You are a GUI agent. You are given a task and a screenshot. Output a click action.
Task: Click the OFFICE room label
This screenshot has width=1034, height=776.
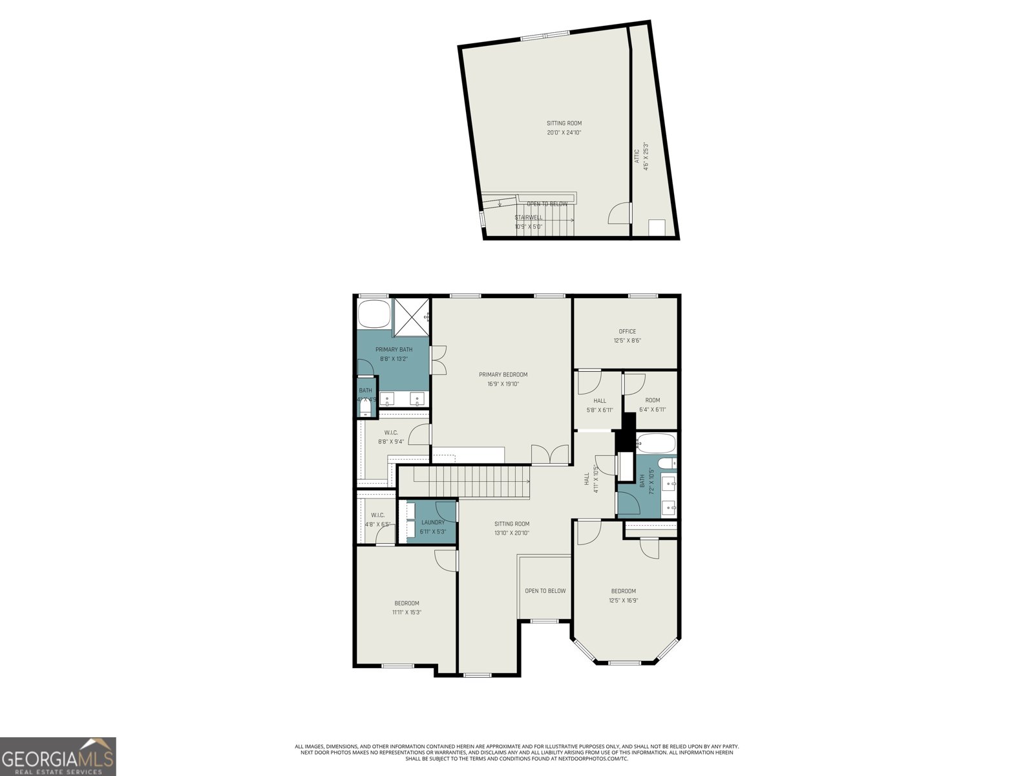[x=627, y=331]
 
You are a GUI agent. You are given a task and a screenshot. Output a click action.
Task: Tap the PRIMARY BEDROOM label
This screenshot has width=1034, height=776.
[x=503, y=374]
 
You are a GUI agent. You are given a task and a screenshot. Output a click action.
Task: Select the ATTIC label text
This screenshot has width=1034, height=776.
[x=637, y=156]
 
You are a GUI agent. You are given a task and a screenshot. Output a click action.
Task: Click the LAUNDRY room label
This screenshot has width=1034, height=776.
[x=432, y=523]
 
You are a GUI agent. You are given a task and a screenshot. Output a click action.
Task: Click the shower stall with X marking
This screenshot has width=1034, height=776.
[x=412, y=317]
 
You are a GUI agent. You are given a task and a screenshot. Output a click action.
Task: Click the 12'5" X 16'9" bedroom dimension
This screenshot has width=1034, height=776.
[x=624, y=600]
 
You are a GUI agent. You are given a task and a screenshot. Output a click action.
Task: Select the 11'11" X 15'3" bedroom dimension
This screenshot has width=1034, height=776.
[x=406, y=612]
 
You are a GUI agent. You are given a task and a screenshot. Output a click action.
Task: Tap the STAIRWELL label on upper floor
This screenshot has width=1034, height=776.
[x=528, y=217]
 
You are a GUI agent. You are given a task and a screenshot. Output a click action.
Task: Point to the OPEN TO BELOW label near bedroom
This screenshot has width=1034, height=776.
[x=545, y=590]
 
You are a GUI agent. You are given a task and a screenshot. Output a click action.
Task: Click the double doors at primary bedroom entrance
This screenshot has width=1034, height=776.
[x=550, y=455]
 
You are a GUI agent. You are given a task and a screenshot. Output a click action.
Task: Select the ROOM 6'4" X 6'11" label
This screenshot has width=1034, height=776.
[x=652, y=405]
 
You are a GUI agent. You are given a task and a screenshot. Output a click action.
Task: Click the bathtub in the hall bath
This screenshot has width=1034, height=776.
[x=656, y=444]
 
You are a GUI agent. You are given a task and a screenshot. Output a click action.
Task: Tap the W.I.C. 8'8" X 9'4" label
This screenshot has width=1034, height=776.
[x=391, y=437]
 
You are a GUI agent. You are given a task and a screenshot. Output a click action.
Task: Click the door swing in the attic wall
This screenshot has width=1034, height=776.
[x=619, y=213]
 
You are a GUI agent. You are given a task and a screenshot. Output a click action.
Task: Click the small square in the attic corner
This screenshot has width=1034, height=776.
[x=657, y=228]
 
